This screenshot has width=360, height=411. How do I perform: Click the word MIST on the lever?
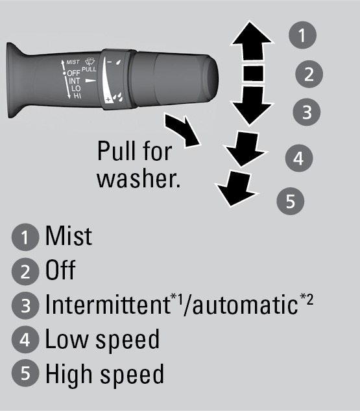73,62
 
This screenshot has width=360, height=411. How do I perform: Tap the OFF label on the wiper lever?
74,73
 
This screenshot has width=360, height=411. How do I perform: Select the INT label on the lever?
75,81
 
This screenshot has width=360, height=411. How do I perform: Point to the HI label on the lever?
77,96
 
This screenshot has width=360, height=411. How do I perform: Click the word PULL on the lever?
89,69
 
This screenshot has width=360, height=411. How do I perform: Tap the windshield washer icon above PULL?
90,62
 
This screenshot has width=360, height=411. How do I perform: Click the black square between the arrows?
253,74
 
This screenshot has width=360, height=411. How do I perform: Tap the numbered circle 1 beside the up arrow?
302,35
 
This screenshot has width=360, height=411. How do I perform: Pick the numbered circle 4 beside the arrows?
299,158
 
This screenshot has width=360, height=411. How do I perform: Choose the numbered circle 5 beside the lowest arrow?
291,201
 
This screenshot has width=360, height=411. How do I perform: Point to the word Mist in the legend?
69,235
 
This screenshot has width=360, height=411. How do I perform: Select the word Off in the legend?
60,270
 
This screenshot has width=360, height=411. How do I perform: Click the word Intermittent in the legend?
108,304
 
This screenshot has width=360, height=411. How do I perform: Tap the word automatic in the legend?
245,305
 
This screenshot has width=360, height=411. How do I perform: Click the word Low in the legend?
67,339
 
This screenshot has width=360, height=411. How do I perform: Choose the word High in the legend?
69,374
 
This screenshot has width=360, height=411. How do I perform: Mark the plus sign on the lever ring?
108,100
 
